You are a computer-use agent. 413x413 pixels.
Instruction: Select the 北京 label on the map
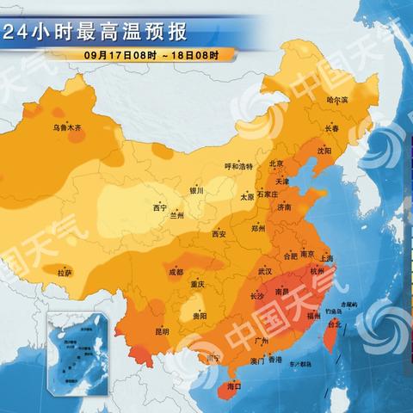point(276,163)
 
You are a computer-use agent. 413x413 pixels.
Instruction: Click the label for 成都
point(176,272)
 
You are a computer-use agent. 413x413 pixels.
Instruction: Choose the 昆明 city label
point(162,331)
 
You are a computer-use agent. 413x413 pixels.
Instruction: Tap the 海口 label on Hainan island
point(233,388)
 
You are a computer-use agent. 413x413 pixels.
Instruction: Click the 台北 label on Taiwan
point(336,324)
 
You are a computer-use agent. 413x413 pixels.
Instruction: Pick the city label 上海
point(326,257)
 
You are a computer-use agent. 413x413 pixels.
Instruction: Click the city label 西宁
point(159,207)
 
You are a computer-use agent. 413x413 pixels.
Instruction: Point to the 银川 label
point(196,191)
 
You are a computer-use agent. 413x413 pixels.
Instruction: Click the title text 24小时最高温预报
point(95,34)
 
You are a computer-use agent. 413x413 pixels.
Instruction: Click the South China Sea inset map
point(78,349)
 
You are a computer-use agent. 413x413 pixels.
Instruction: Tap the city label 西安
point(219,233)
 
